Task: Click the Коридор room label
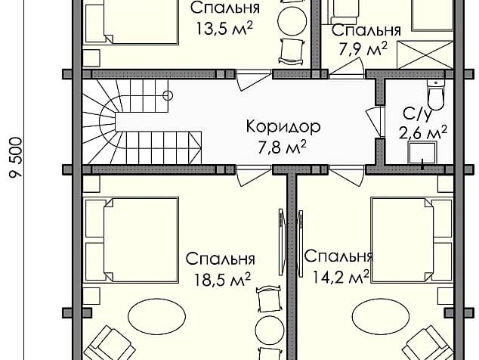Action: point(283,126)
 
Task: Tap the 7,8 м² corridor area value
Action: point(282,147)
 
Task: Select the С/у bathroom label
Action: point(418,114)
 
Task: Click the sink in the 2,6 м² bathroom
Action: point(423,152)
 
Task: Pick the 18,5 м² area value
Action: point(223,279)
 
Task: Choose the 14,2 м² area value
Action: point(340,277)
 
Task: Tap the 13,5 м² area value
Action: point(224,29)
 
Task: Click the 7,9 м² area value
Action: point(363,49)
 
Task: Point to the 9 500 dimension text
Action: point(16,157)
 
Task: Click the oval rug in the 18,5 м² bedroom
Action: point(156,317)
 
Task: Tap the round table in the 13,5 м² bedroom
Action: point(292,20)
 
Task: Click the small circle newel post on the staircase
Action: point(168,96)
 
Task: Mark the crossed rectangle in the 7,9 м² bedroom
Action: point(425,55)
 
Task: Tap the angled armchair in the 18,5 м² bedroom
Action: point(109,344)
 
